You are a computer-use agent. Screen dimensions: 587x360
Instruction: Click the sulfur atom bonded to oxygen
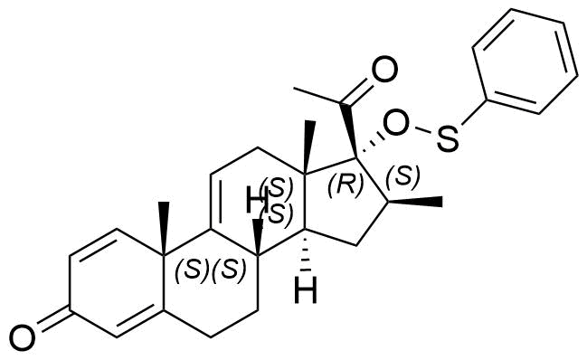click(448, 139)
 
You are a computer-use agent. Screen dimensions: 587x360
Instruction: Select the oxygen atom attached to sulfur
click(395, 122)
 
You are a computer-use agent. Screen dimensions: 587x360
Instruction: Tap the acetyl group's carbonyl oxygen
click(384, 70)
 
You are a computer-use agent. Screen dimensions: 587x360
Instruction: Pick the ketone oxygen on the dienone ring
click(23, 338)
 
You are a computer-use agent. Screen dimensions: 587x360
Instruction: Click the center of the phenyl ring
click(525, 61)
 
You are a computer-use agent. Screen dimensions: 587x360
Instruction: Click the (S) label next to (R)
click(402, 175)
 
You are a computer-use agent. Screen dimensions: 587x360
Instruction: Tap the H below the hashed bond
click(306, 289)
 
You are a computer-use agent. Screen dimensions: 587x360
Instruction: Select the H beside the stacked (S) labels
click(256, 200)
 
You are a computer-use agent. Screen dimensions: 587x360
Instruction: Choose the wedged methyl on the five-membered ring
click(416, 202)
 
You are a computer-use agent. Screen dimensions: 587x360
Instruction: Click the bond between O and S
click(422, 130)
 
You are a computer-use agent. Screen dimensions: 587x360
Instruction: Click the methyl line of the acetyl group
click(317, 95)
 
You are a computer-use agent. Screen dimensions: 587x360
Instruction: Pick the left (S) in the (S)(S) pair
click(192, 269)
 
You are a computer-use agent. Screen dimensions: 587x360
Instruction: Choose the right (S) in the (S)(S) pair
click(229, 269)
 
